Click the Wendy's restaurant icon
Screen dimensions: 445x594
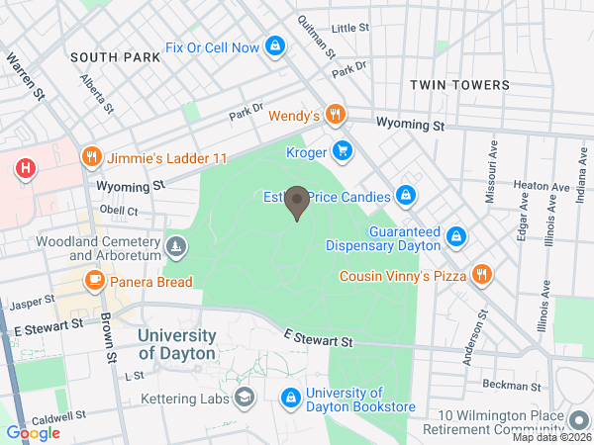tap(337, 116)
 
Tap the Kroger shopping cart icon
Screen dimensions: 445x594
tap(343, 150)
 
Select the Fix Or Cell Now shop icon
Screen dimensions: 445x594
tap(276, 46)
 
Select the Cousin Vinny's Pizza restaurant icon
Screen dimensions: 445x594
tap(481, 275)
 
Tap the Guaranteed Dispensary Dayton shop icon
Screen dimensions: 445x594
tap(455, 236)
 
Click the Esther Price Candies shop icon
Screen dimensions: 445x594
tap(405, 196)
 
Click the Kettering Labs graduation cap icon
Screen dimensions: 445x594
tap(244, 398)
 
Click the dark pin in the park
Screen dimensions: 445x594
tap(297, 205)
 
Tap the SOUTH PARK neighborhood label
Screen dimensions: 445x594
tap(115, 57)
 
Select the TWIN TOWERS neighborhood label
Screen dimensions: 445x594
tap(459, 86)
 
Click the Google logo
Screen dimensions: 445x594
tap(33, 432)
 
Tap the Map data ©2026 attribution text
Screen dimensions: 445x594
tap(550, 437)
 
